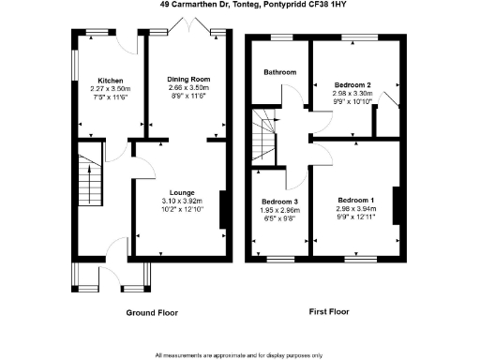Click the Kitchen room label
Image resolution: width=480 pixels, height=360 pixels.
pyautogui.click(x=97, y=81)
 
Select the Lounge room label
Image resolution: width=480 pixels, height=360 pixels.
pyautogui.click(x=181, y=192)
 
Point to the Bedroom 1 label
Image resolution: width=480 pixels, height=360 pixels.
pyautogui.click(x=355, y=201)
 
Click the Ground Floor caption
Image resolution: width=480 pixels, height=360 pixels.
pyautogui.click(x=152, y=312)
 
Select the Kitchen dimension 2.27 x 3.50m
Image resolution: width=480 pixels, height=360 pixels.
pyautogui.click(x=97, y=88)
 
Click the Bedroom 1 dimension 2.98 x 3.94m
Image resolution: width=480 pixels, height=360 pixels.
pyautogui.click(x=355, y=209)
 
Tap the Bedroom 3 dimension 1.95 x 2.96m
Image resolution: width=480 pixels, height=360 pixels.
pyautogui.click(x=279, y=211)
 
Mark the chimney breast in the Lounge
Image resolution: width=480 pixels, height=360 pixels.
pyautogui.click(x=222, y=210)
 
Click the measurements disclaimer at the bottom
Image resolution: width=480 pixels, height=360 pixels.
pyautogui.click(x=239, y=354)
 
